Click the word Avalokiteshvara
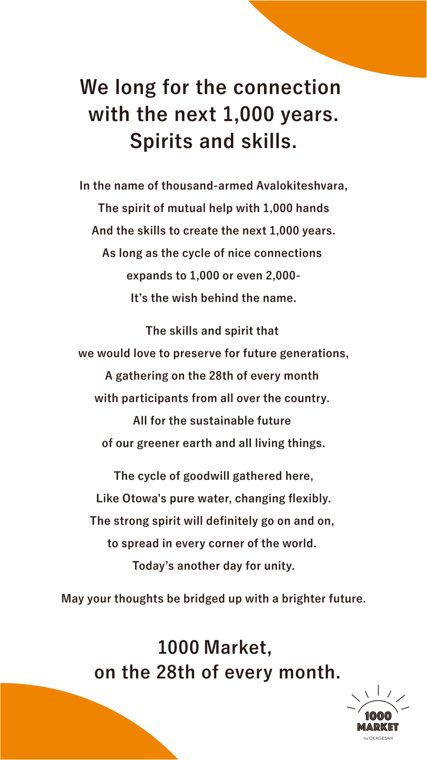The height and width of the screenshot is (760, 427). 302,186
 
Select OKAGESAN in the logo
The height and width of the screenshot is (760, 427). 381,738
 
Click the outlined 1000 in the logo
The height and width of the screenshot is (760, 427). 378,716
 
